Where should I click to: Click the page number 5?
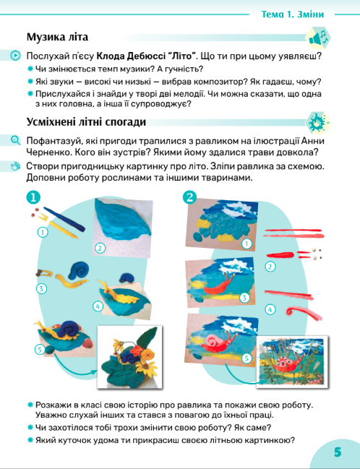338,452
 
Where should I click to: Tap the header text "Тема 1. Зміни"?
292,14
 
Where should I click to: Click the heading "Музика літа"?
57,37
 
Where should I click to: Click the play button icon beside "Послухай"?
15,56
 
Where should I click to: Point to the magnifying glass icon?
15,140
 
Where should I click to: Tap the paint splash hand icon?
318,122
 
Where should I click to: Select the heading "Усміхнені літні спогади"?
86,122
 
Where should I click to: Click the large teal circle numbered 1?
33,197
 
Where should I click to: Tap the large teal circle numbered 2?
189,197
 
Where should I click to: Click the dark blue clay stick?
64,219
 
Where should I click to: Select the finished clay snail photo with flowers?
130,357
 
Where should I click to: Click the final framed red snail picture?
292,362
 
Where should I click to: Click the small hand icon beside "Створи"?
15,166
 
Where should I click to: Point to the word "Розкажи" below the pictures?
53,405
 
